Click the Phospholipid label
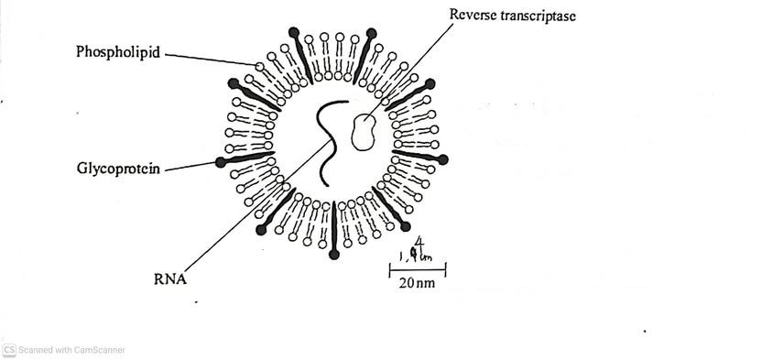tap(116, 52)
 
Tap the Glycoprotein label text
tap(118, 169)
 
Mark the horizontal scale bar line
tap(418, 269)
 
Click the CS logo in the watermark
tap(9, 350)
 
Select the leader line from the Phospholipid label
tap(211, 59)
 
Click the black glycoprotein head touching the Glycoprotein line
tap(221, 162)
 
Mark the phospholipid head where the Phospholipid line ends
tap(260, 67)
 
